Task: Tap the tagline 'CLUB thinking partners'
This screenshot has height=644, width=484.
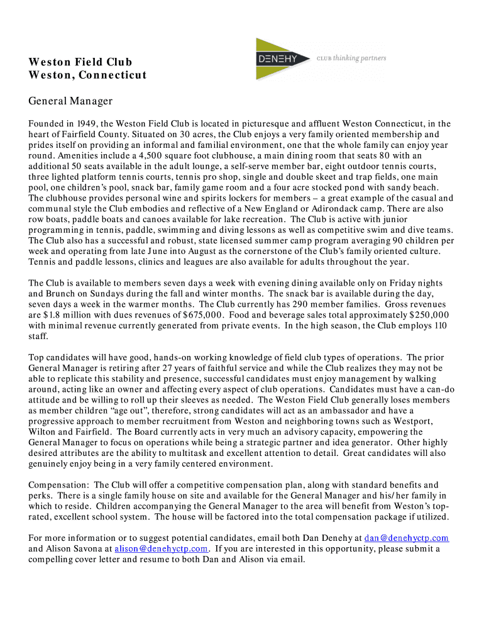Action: tap(351, 58)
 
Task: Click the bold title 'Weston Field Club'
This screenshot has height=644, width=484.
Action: tap(80, 62)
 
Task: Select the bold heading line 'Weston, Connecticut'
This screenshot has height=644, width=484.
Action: tap(87, 75)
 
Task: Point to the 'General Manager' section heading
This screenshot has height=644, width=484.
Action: tap(70, 101)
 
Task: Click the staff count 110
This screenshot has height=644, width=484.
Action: tap(441, 326)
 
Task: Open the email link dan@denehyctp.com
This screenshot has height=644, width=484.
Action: tap(407, 538)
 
